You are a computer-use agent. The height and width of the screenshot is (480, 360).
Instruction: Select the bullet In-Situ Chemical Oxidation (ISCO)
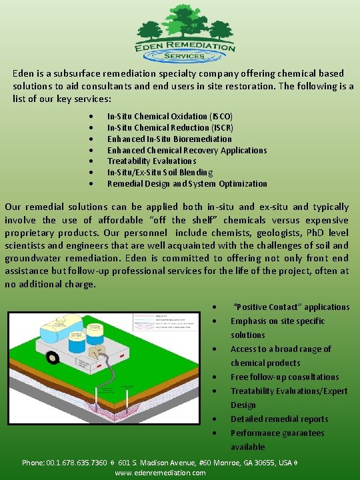170,116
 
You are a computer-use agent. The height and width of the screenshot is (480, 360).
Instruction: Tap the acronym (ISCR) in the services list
221,127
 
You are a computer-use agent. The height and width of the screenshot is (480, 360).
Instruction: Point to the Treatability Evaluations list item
151,161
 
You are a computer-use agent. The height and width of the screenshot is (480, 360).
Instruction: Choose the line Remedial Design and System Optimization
187,183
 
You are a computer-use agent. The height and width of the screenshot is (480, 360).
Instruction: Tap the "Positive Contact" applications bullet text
290,307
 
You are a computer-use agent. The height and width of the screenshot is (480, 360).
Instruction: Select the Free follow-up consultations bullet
285,377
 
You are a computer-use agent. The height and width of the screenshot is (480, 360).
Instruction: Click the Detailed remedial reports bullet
279,419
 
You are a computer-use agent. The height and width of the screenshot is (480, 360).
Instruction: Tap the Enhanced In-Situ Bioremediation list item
169,139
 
